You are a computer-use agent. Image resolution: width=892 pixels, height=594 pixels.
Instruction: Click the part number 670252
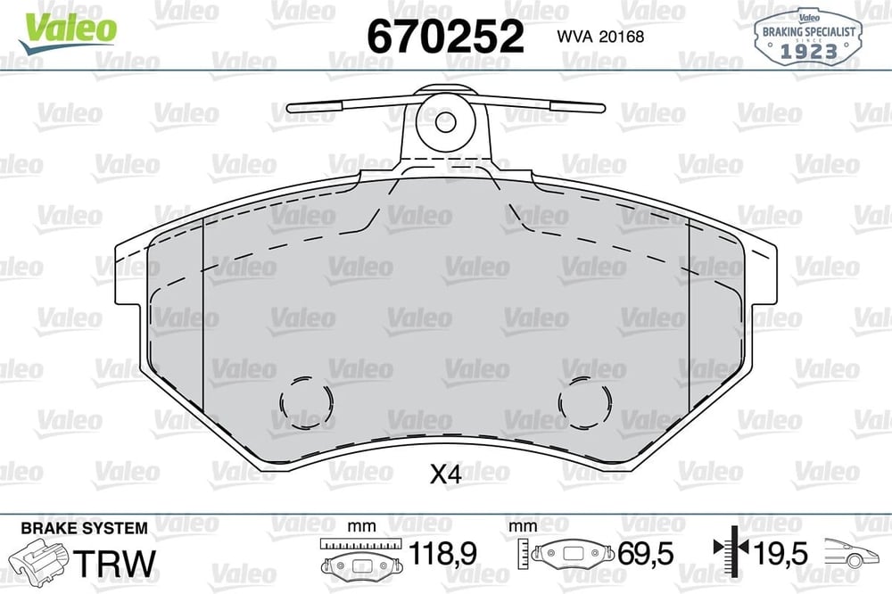point(445,36)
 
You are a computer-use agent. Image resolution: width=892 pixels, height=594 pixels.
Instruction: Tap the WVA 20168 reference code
point(600,37)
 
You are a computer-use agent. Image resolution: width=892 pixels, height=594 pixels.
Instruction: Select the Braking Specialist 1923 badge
point(808,36)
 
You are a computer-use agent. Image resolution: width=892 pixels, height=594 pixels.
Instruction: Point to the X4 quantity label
point(445,474)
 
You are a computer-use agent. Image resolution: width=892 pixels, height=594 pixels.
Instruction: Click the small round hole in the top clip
point(445,121)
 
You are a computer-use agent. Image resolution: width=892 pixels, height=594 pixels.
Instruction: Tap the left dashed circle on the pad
point(305,402)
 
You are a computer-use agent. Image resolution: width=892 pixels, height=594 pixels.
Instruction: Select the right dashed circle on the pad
point(585,402)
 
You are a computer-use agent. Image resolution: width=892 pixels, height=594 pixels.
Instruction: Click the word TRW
point(114,563)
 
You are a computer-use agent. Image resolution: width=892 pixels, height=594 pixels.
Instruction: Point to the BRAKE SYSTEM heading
point(84,528)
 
